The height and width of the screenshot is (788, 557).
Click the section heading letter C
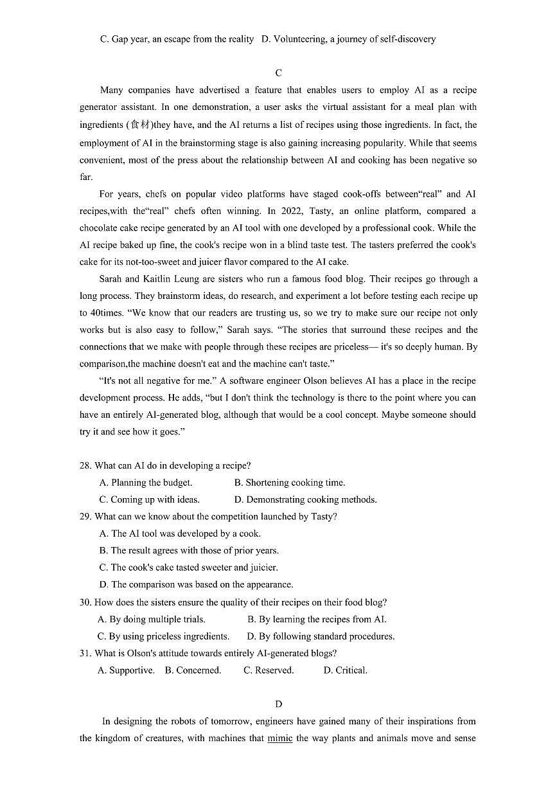[x=278, y=73]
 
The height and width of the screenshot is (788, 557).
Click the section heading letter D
[x=278, y=704]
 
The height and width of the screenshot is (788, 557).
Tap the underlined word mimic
[x=279, y=739]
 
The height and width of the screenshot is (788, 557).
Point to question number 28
[x=85, y=465]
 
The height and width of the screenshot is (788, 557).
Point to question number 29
[x=85, y=516]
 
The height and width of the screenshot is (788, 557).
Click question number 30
[x=85, y=602]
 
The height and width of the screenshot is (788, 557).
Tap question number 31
[x=85, y=653]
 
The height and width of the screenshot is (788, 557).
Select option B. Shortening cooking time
[x=289, y=483]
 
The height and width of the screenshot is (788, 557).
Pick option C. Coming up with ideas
[x=149, y=499]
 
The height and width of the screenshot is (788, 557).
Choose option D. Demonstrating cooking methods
[x=305, y=499]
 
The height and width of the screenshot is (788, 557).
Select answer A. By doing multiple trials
[x=152, y=620]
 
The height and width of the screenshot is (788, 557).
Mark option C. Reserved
[x=269, y=670]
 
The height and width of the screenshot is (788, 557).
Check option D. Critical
[x=345, y=670]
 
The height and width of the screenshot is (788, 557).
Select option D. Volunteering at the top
[x=349, y=39]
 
